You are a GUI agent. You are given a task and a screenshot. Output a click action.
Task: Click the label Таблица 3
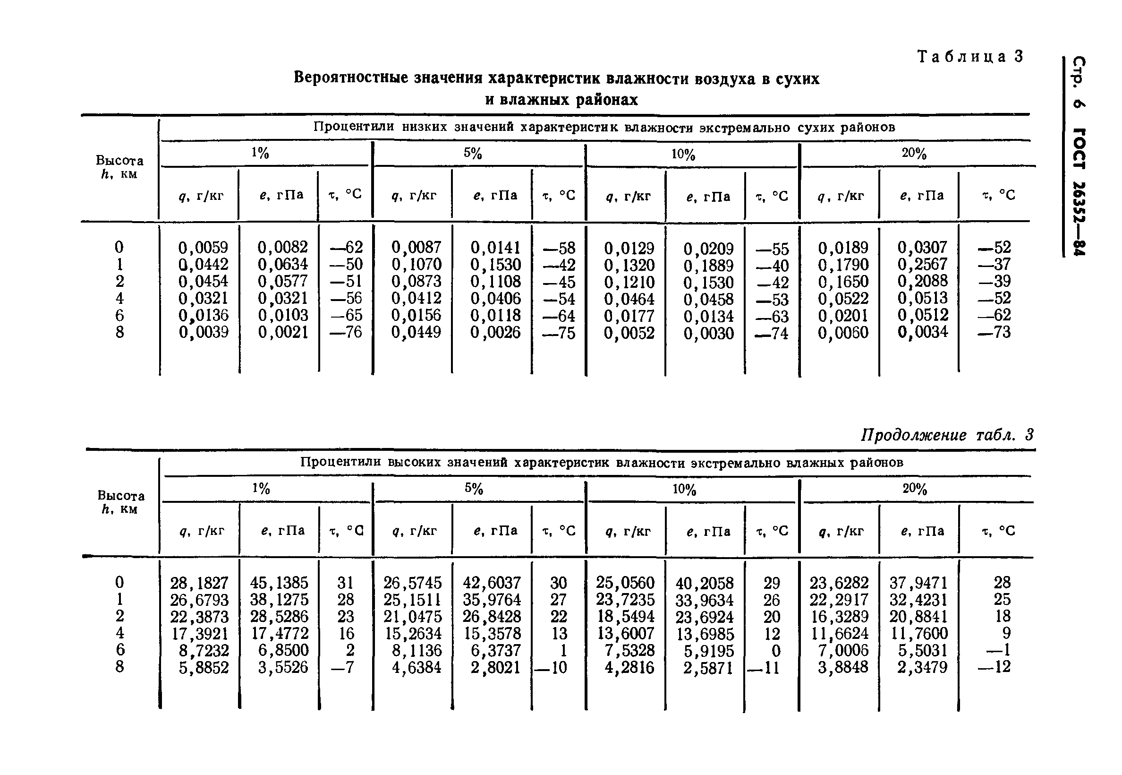(x=969, y=57)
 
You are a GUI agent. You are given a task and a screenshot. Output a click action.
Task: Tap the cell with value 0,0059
(x=203, y=248)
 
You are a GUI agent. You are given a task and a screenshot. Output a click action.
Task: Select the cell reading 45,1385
(x=279, y=582)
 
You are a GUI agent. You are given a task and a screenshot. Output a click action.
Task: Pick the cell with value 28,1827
(x=199, y=582)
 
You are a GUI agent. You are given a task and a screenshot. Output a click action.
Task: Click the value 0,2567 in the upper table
(x=922, y=264)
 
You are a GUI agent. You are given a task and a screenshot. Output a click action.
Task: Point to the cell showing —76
(x=346, y=332)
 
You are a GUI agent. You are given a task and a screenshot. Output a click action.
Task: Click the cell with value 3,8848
(x=842, y=667)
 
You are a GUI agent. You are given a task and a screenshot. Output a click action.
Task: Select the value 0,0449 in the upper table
(x=416, y=332)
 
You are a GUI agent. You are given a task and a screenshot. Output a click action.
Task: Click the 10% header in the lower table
(x=684, y=490)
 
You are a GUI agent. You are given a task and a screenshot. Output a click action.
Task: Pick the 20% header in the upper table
(x=914, y=154)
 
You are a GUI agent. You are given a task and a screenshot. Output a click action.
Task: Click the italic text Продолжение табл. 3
(x=947, y=435)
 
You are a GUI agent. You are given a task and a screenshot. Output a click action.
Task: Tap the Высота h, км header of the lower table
(x=120, y=502)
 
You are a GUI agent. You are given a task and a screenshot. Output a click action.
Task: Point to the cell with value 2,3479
(x=922, y=667)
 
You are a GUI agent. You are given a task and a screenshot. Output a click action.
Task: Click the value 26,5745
(x=413, y=582)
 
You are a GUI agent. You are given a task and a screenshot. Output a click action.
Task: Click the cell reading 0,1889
(x=708, y=266)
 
